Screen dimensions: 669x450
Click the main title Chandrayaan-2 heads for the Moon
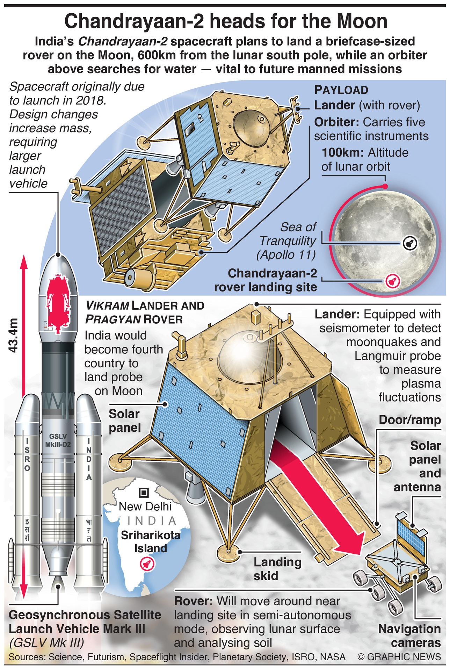(226, 22)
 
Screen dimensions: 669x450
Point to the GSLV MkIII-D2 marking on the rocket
(58, 440)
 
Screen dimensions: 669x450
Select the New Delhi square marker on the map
(144, 493)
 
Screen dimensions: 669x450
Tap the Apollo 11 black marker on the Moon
(408, 243)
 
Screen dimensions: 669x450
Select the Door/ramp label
(409, 420)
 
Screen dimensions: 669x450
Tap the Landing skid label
(277, 569)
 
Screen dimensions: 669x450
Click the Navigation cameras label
(409, 636)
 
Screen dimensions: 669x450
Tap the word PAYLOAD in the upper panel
(341, 90)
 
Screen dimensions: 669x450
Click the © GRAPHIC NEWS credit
(399, 657)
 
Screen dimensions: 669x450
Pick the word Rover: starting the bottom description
(193, 601)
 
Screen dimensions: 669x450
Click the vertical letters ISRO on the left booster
(27, 455)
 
